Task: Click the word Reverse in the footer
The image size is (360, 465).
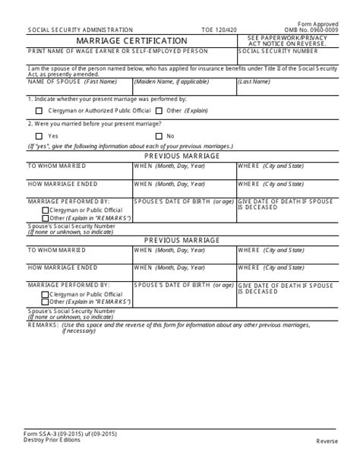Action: click(328, 441)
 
